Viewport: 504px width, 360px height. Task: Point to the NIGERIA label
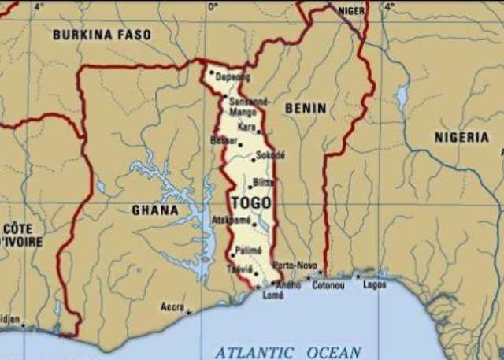[461, 137]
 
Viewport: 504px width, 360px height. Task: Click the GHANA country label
[156, 210]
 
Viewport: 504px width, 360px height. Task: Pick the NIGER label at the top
[351, 10]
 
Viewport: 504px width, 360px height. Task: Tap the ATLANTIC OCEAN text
[288, 352]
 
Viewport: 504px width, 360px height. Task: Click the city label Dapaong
[234, 76]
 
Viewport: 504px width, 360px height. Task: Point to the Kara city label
[246, 126]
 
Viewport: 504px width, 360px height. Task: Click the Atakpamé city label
[233, 223]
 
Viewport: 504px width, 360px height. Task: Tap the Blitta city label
[265, 182]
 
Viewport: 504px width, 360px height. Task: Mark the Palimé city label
[249, 250]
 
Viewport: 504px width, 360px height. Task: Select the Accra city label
[172, 306]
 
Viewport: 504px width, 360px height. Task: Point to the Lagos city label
[375, 284]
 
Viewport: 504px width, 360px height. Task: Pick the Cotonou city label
[328, 284]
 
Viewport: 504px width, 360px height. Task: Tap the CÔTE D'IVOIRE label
[21, 235]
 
